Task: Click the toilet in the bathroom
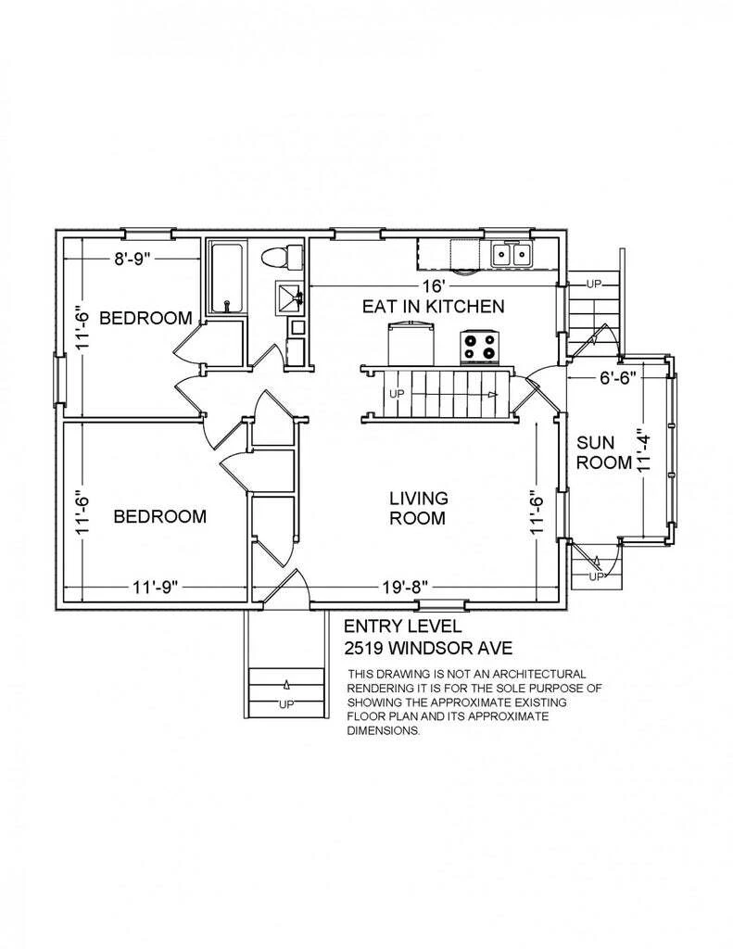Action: coord(282,258)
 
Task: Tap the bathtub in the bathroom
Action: coord(227,277)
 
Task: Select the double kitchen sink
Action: coord(512,254)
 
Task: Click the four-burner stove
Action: coord(480,348)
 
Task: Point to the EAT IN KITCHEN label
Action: coord(433,306)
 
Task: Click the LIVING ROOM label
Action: coord(418,508)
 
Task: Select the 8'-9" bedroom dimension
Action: coord(132,259)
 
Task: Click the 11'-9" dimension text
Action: coord(155,587)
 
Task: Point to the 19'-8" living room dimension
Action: coord(406,587)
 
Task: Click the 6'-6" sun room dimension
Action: coord(617,378)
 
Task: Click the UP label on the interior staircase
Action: coord(397,394)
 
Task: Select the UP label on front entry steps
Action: coord(285,704)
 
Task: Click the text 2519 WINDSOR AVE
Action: coord(428,649)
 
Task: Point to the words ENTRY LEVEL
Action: coord(402,626)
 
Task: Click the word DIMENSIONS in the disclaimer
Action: coord(384,730)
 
